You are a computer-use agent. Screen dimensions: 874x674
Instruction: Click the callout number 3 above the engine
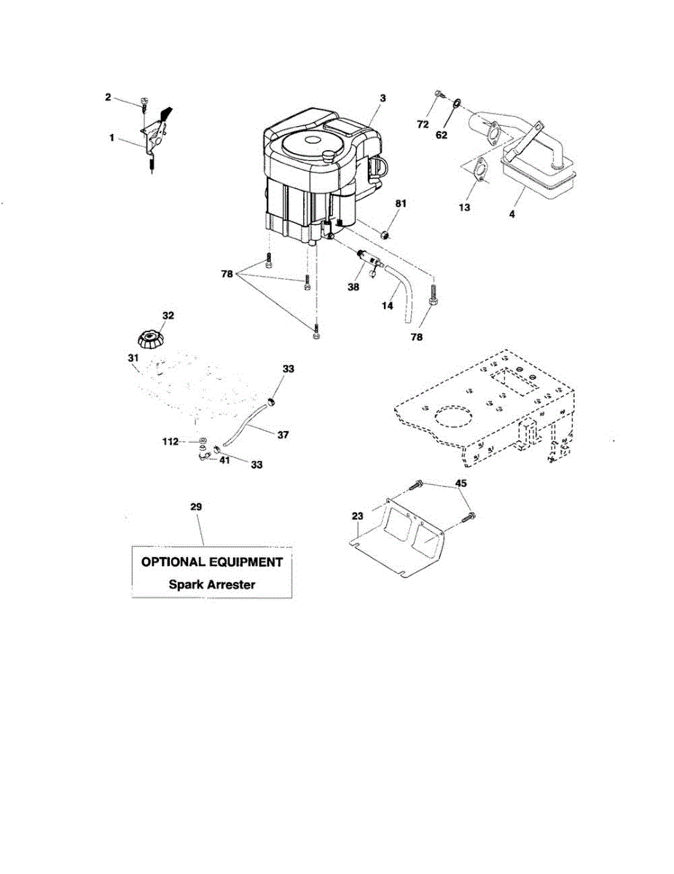pyautogui.click(x=383, y=98)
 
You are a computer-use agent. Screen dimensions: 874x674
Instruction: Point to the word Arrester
pyautogui.click(x=230, y=583)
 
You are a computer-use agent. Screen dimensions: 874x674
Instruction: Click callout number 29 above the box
pyautogui.click(x=196, y=506)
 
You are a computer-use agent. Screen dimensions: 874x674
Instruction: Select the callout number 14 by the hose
pyautogui.click(x=388, y=306)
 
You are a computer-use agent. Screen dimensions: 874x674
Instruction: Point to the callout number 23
pyautogui.click(x=357, y=516)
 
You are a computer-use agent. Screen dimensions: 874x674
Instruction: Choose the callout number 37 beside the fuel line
pyautogui.click(x=283, y=435)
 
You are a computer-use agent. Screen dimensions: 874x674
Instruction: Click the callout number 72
pyautogui.click(x=422, y=125)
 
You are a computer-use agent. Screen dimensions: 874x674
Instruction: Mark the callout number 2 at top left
pyautogui.click(x=108, y=97)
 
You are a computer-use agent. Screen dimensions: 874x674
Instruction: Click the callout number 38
pyautogui.click(x=353, y=287)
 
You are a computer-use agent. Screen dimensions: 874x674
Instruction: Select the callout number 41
pyautogui.click(x=225, y=460)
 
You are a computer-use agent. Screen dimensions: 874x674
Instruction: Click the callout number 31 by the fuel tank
pyautogui.click(x=132, y=358)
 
